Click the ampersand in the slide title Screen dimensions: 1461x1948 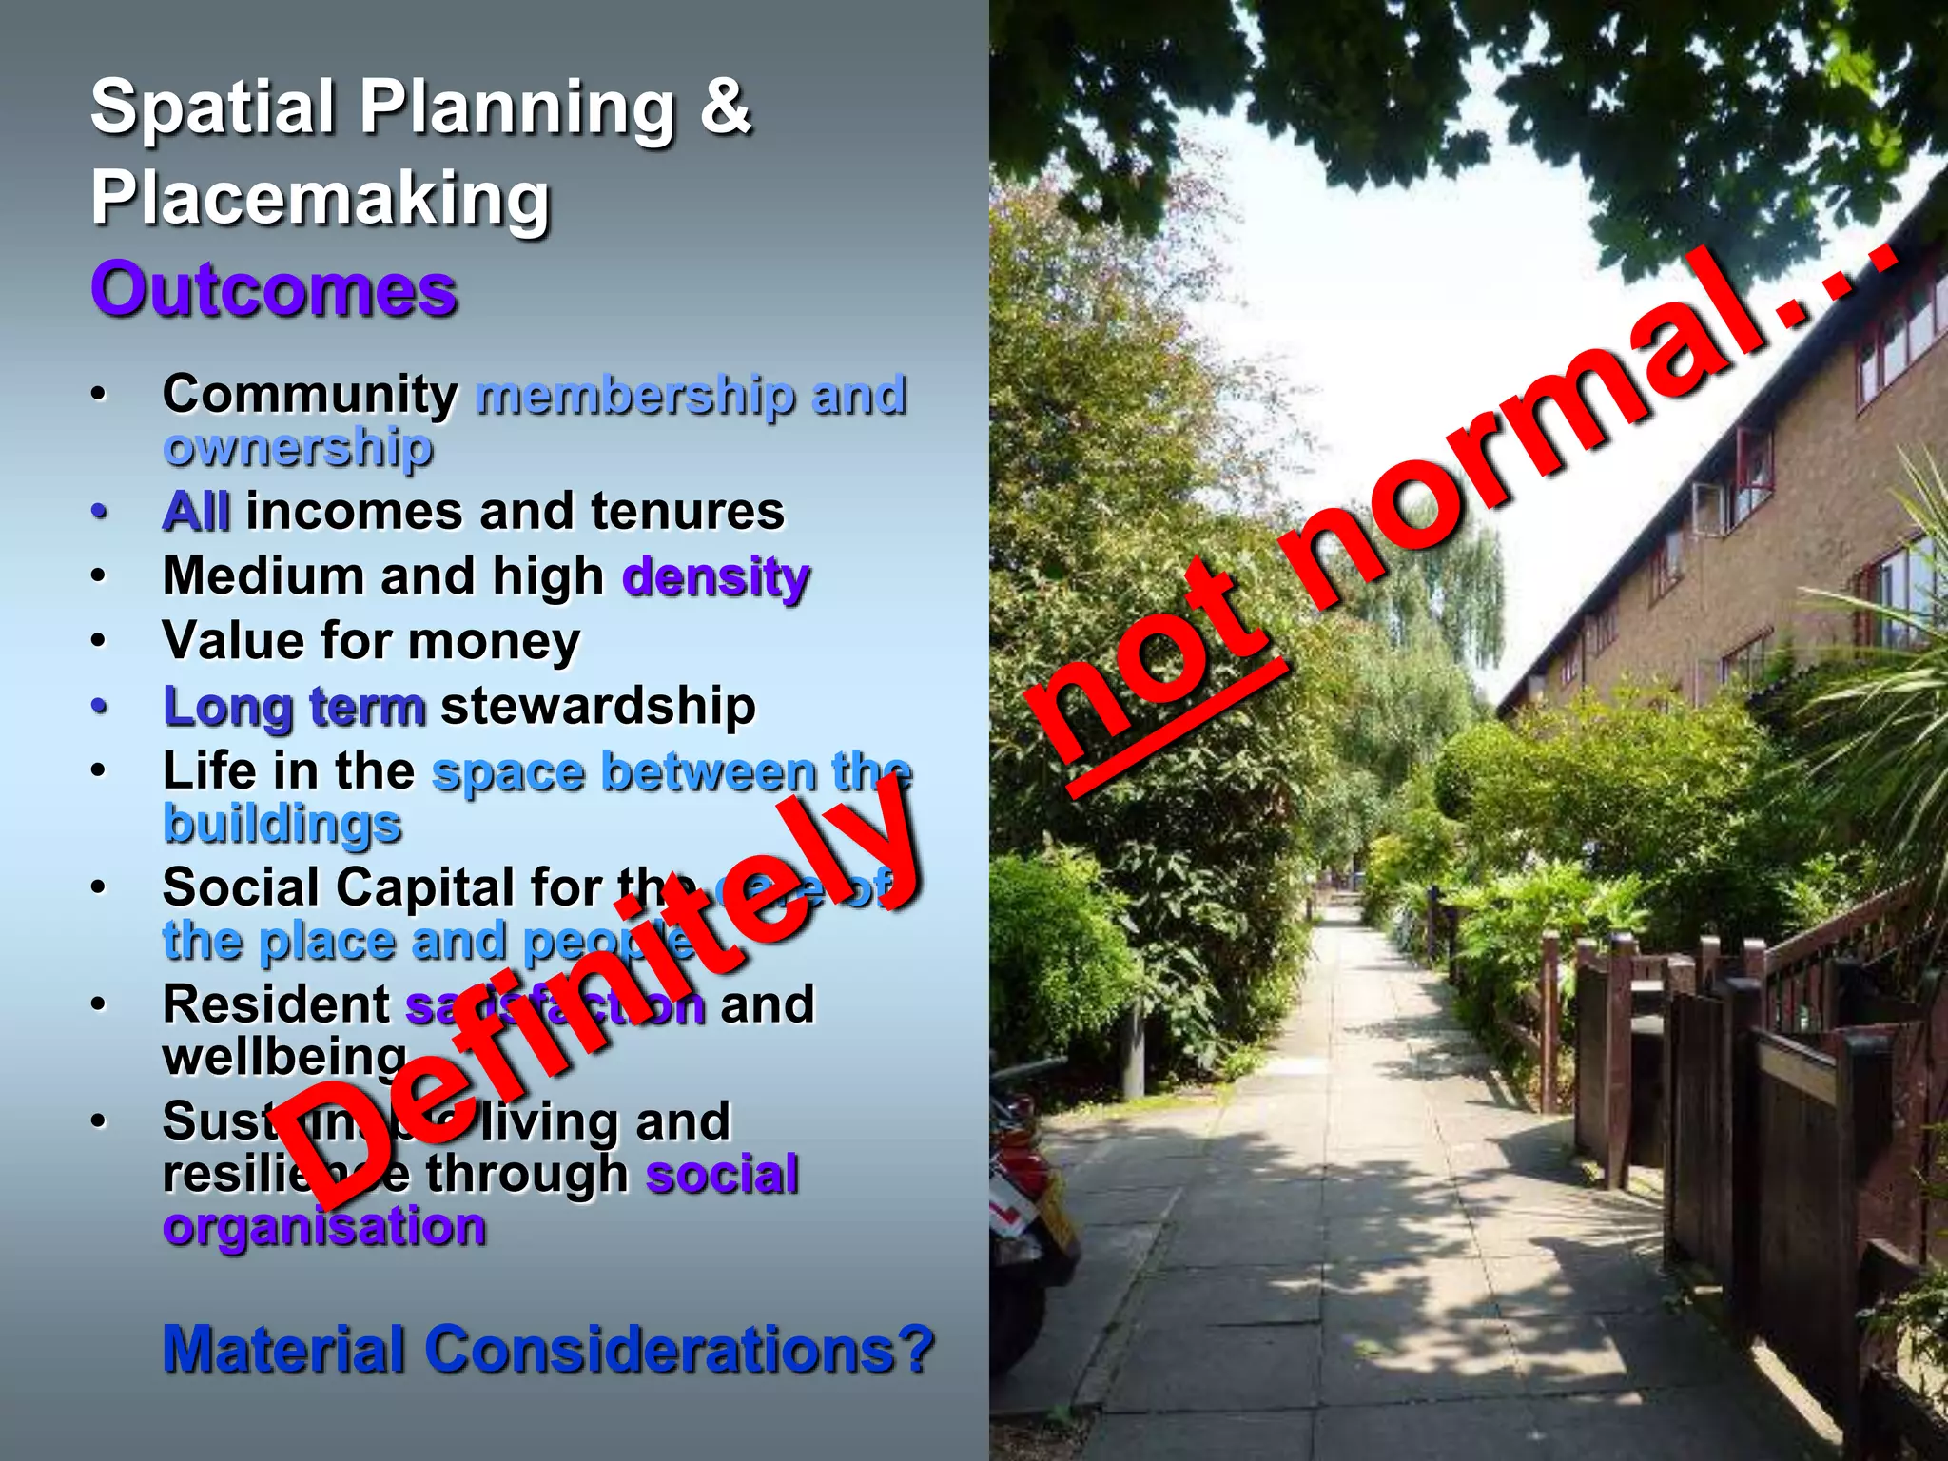pos(725,107)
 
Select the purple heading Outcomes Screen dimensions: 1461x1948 pos(274,289)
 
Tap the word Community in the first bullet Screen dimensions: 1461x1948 pos(310,393)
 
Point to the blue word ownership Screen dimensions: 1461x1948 pos(298,446)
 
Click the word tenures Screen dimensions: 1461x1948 pos(688,511)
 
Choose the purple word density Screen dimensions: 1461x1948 pos(715,576)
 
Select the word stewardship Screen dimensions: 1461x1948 pos(597,706)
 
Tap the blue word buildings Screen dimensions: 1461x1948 pos(282,824)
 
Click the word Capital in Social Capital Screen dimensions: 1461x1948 pos(424,887)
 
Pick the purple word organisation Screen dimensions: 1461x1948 pos(324,1226)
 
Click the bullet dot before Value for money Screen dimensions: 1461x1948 pos(99,641)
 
